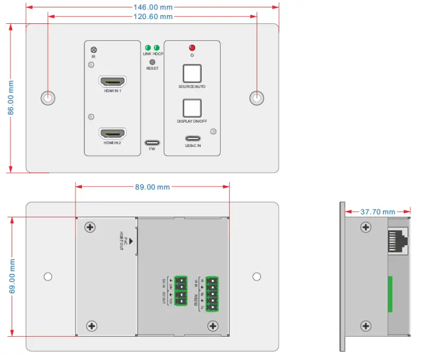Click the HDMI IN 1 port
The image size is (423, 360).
[112, 82]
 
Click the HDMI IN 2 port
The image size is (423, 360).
[112, 134]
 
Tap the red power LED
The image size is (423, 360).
[192, 48]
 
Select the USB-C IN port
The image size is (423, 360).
[192, 140]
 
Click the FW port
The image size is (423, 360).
[152, 143]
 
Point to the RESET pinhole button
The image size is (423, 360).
[152, 62]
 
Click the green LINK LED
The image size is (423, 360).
[148, 48]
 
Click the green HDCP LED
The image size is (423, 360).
[157, 48]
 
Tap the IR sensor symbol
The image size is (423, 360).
[93, 50]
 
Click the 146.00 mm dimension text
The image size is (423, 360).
[152, 7]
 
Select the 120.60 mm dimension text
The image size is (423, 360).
[152, 16]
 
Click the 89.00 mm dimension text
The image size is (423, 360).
[152, 187]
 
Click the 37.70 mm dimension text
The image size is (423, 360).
[378, 211]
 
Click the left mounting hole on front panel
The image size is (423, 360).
[48, 98]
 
